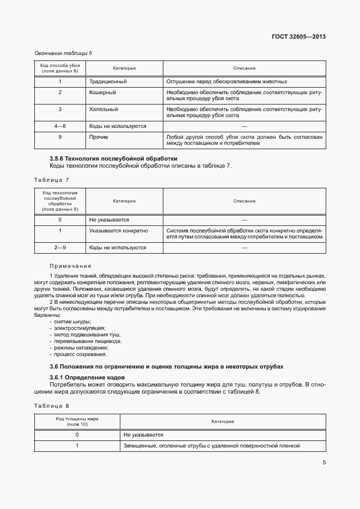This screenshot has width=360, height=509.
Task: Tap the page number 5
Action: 324,463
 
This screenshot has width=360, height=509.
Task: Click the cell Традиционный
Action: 108,82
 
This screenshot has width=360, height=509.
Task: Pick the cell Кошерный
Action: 102,93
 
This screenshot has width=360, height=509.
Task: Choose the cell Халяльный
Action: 103,109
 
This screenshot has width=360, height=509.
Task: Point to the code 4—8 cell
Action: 60,126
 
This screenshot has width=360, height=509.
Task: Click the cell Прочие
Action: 99,137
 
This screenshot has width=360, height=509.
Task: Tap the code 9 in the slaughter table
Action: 60,137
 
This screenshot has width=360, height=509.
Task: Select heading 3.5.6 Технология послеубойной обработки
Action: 113,158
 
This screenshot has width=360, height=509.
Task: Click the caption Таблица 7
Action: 52,180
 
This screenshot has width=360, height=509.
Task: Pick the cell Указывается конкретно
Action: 118,231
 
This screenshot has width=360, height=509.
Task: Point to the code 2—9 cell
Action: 60,248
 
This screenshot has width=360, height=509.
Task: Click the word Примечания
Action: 70,266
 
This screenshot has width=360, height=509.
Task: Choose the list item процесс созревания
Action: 80,354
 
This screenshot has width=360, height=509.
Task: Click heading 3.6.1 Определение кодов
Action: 87,377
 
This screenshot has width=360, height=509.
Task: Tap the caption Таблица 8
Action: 52,406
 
